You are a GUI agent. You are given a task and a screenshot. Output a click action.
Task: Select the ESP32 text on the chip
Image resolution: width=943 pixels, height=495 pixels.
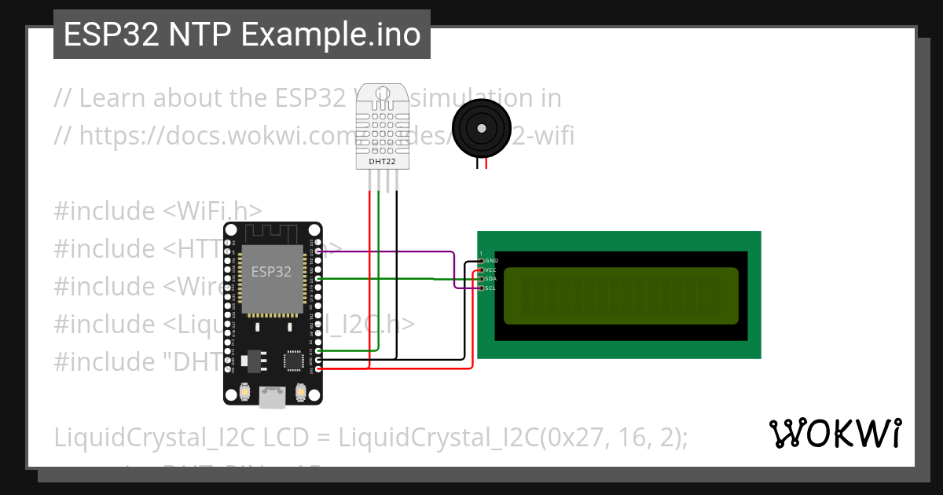(271, 272)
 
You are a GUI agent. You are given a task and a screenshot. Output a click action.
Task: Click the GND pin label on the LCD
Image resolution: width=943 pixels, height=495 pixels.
(491, 260)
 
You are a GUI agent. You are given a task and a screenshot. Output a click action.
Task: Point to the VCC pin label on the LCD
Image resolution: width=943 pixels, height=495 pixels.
(491, 269)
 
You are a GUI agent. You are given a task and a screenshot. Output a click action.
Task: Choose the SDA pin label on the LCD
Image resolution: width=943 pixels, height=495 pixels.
(491, 279)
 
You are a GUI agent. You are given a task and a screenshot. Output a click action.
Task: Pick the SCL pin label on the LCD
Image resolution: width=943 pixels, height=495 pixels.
(491, 288)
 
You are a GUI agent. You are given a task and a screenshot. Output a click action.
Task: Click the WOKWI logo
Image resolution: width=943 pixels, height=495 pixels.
(835, 433)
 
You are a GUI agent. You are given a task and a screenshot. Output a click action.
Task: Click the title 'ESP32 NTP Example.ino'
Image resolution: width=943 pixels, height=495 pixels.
(242, 35)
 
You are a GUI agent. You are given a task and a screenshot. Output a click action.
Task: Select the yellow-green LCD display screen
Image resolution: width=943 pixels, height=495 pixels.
(621, 295)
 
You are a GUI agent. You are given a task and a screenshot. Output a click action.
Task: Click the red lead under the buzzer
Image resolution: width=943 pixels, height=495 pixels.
(486, 163)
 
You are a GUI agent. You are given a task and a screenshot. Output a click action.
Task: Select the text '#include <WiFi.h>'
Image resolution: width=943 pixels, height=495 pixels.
(158, 211)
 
